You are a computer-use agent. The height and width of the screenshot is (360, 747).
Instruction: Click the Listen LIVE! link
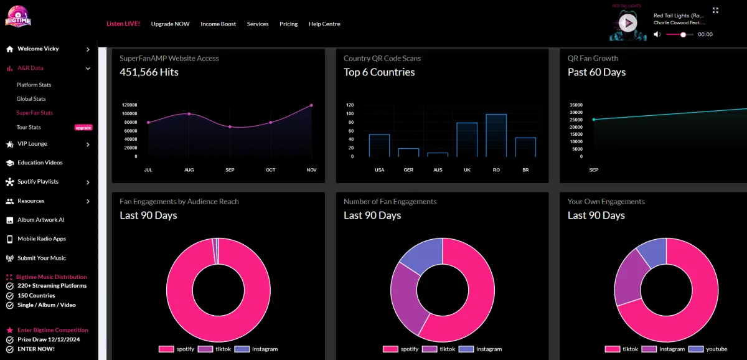tap(123, 24)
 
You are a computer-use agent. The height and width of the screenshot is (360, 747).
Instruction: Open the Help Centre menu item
tap(324, 24)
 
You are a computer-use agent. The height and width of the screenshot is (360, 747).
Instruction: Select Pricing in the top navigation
tap(288, 24)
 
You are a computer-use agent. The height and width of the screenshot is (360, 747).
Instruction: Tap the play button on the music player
tap(628, 24)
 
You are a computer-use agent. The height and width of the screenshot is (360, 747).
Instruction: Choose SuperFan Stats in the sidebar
tap(35, 113)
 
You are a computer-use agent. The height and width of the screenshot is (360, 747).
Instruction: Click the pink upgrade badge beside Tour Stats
tap(83, 128)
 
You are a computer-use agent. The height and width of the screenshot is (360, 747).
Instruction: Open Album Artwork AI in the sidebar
tap(41, 220)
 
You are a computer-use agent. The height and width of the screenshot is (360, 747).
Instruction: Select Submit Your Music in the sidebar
tap(42, 258)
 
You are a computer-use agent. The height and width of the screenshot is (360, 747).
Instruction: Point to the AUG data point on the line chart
tap(189, 114)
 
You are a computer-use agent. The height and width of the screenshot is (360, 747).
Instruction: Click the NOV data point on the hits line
tap(311, 105)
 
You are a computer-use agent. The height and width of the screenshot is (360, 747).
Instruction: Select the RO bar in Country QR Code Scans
tap(496, 135)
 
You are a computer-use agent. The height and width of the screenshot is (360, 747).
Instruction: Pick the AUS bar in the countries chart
tap(438, 154)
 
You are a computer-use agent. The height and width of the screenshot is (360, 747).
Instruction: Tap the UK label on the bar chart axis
tap(467, 170)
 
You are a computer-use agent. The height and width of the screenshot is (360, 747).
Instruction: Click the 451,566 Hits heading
tap(149, 72)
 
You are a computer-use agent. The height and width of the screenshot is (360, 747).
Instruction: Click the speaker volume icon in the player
tap(657, 35)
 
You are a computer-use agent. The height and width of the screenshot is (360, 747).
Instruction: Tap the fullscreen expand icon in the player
tap(715, 11)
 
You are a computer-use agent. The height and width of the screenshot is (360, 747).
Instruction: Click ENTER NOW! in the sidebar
tap(36, 349)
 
